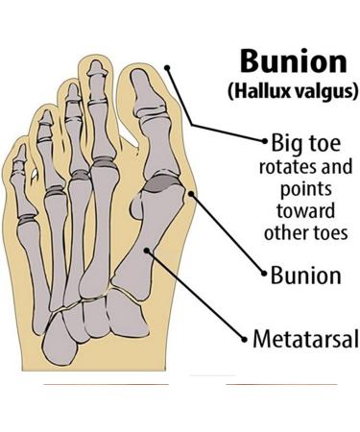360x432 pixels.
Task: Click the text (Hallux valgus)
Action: pyautogui.click(x=292, y=92)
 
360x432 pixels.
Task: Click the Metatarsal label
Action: pyautogui.click(x=306, y=338)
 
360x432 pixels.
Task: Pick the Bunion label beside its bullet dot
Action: pyautogui.click(x=306, y=276)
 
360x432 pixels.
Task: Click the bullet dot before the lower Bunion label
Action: pyautogui.click(x=263, y=276)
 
